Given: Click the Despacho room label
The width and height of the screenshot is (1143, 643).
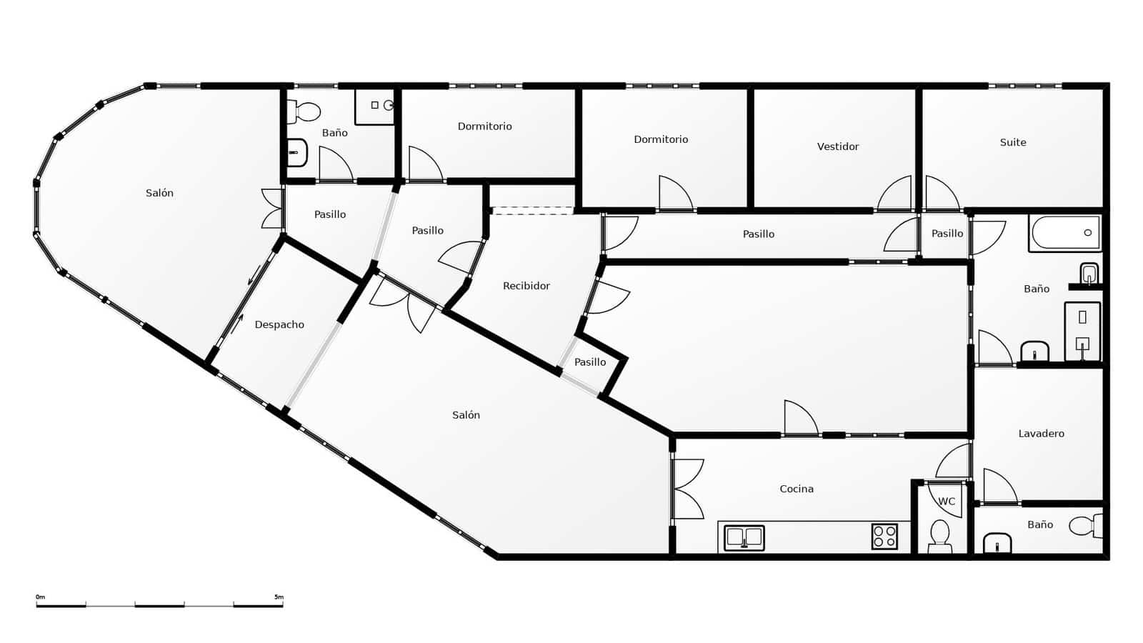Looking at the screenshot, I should click(x=279, y=325).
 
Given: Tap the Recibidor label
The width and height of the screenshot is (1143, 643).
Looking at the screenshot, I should click(x=526, y=286).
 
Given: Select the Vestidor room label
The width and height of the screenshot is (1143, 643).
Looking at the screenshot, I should click(x=838, y=146).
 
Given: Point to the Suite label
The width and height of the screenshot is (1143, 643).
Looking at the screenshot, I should click(x=1013, y=143).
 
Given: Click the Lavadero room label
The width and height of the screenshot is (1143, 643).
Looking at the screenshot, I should click(x=1041, y=434).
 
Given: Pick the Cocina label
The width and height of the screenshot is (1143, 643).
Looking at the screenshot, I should click(x=797, y=489).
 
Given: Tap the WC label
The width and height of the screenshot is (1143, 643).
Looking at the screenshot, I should click(x=947, y=502).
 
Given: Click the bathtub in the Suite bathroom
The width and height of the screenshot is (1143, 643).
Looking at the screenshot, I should click(x=1065, y=233).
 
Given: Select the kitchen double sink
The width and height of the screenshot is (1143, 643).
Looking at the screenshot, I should click(x=744, y=537).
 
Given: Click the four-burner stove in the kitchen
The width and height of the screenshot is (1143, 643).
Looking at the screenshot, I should click(x=884, y=537).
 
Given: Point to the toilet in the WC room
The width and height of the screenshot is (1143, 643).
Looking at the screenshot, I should click(x=939, y=535).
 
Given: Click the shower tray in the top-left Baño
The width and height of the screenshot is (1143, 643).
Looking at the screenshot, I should click(x=375, y=106).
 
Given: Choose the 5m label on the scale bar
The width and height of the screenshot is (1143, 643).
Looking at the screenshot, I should click(x=278, y=597).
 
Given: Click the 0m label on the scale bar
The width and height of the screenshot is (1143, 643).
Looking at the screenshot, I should click(x=40, y=597).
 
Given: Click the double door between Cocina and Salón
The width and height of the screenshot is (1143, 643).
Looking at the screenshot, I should click(x=687, y=489).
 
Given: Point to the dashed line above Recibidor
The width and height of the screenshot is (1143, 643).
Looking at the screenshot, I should click(x=532, y=211).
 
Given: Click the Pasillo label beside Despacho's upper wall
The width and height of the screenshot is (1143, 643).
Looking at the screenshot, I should click(x=330, y=214).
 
